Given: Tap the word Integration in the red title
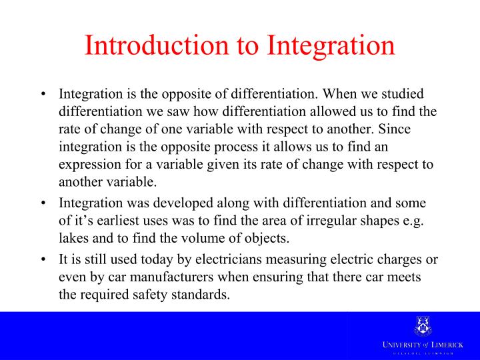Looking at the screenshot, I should pos(331,45).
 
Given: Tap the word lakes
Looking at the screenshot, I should pos(73,238).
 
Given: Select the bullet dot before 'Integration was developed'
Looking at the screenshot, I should pos(43,203).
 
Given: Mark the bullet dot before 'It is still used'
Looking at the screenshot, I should pos(43,261).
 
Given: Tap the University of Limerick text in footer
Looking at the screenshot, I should pos(422,343).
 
